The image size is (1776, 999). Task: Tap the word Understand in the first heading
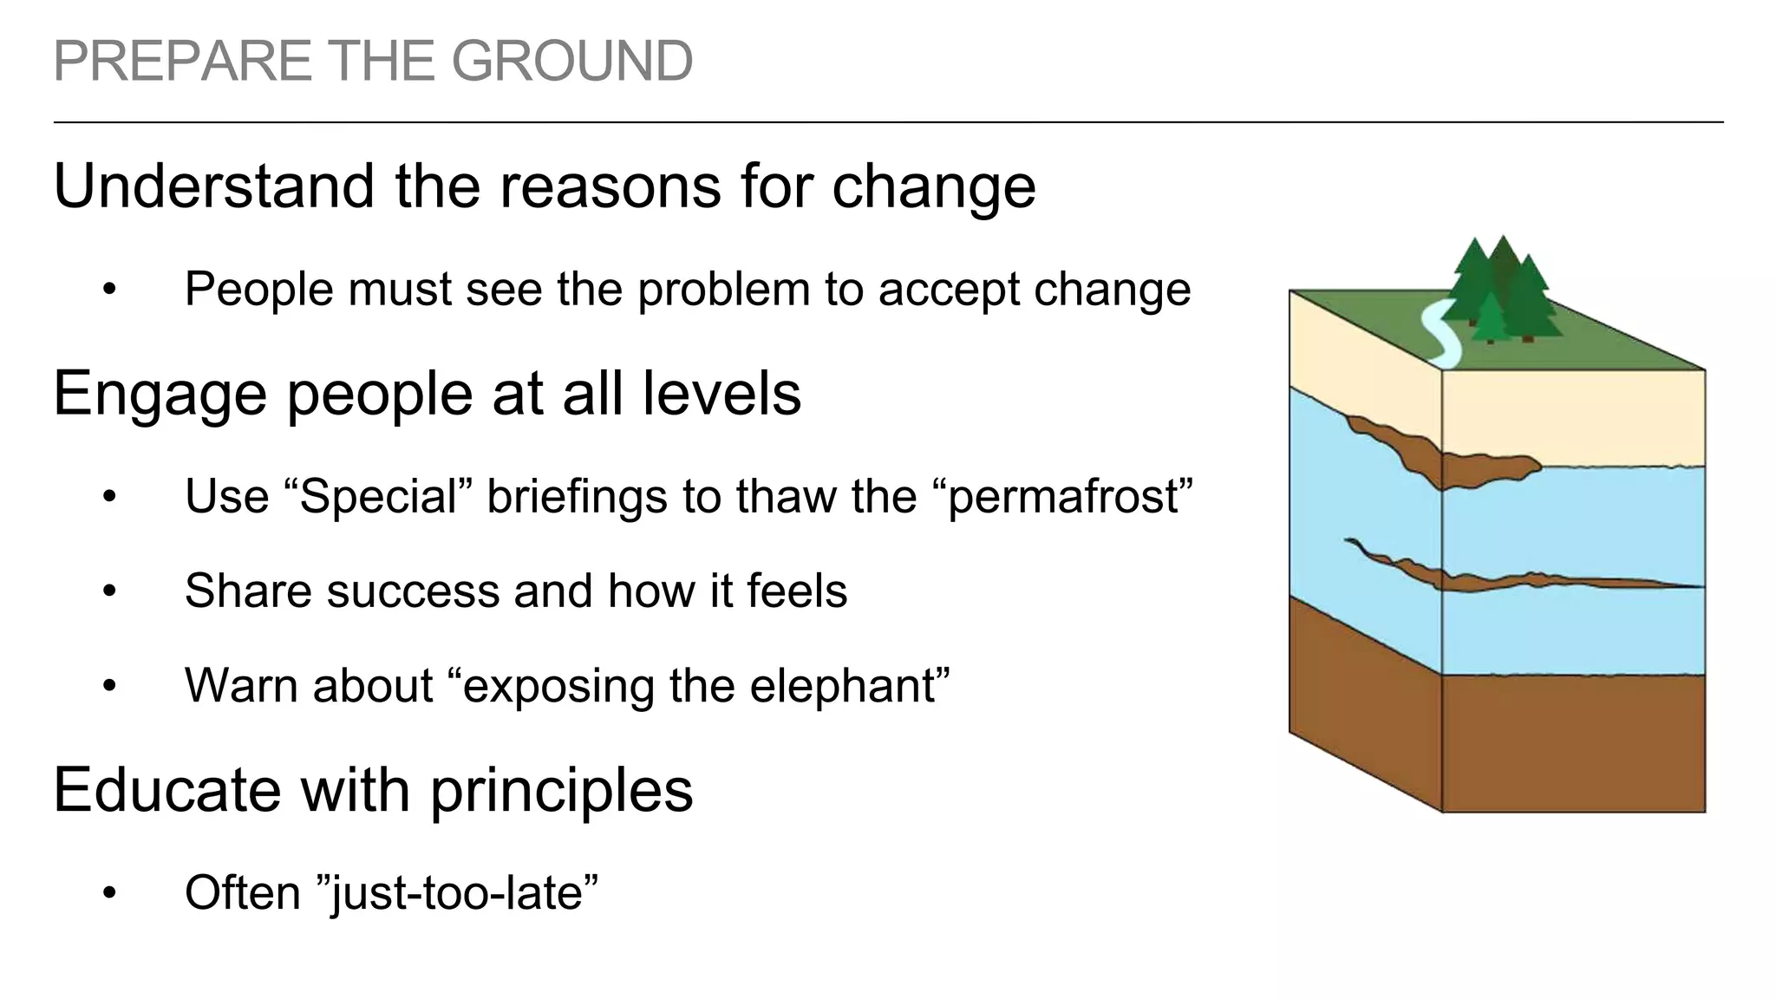(217, 186)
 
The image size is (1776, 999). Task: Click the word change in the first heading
(934, 187)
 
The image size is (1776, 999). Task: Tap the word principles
(561, 792)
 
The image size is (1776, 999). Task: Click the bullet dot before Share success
(108, 592)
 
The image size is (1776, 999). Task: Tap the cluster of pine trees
(1500, 291)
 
